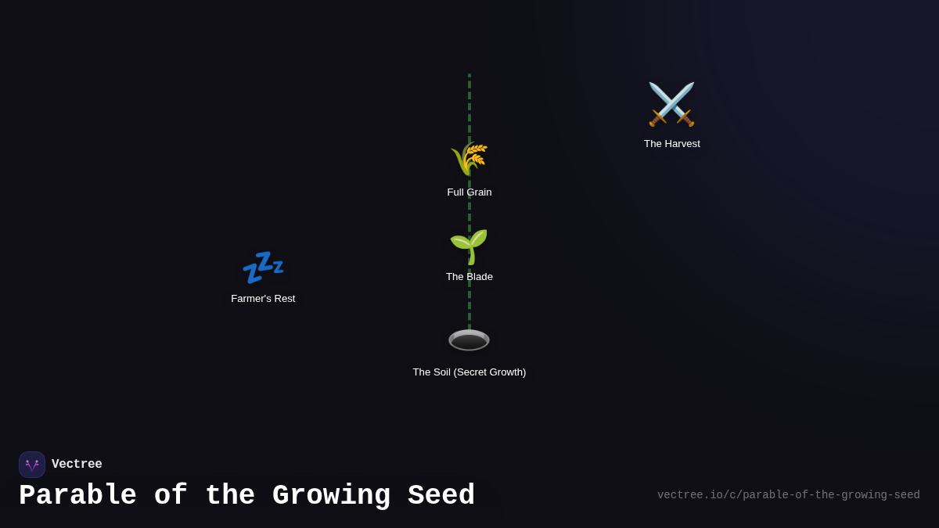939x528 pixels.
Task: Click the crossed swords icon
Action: click(671, 104)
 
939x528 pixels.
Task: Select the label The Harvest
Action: click(672, 144)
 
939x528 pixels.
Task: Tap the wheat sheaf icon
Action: click(469, 159)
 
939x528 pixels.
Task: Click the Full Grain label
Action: click(469, 192)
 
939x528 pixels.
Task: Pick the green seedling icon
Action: click(469, 246)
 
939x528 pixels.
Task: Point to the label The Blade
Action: click(469, 277)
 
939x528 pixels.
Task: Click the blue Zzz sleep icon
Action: click(263, 268)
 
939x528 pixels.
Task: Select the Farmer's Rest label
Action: click(263, 299)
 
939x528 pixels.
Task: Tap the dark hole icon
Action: click(469, 340)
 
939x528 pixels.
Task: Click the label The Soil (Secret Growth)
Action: click(469, 372)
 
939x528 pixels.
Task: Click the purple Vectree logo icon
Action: click(32, 465)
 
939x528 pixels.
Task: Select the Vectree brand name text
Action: click(77, 465)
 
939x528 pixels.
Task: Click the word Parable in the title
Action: click(77, 496)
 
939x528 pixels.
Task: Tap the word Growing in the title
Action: click(331, 496)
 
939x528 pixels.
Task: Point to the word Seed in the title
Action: click(441, 496)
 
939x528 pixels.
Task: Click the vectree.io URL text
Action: click(788, 495)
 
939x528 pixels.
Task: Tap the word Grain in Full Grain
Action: click(479, 192)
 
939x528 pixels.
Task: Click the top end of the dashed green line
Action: click(469, 76)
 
